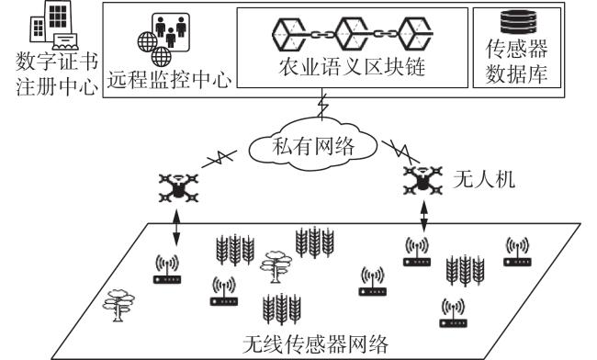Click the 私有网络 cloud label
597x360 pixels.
[x=313, y=146]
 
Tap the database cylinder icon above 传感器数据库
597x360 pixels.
[x=518, y=22]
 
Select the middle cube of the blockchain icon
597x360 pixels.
[x=352, y=34]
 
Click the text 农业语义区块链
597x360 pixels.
[x=352, y=67]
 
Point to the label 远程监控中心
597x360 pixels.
[x=169, y=80]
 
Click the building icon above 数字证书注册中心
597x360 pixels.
[x=53, y=26]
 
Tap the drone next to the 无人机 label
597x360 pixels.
[x=422, y=180]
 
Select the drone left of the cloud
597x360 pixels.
[x=179, y=187]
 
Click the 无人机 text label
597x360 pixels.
[x=484, y=179]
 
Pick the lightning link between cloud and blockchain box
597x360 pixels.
[x=323, y=105]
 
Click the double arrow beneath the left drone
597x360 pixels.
[x=176, y=228]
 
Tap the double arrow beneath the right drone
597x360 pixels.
[x=424, y=215]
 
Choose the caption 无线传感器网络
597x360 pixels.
[x=315, y=344]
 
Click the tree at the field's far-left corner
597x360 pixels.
[x=118, y=306]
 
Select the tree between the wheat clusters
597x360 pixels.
[x=276, y=266]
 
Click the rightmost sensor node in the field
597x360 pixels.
[x=517, y=252]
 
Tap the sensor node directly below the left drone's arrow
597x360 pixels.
[x=167, y=269]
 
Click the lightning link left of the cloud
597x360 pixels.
[x=220, y=159]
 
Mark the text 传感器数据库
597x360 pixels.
[x=517, y=61]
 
